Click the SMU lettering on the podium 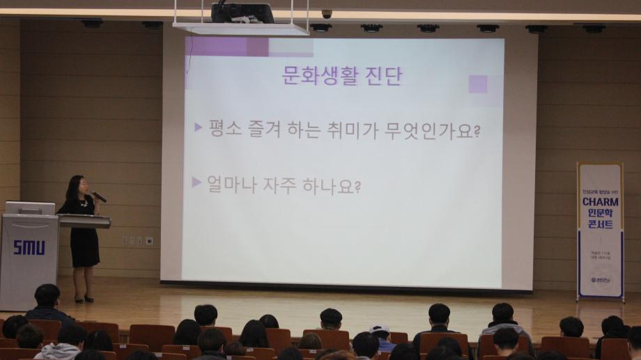(x=29, y=247)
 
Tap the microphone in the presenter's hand (x=99, y=197)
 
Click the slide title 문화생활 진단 (x=341, y=75)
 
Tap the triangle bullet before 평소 (x=198, y=127)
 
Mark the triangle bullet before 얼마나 (x=196, y=182)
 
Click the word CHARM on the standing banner (x=600, y=202)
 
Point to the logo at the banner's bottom (x=599, y=280)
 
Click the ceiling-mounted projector (x=242, y=13)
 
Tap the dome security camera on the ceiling (x=327, y=14)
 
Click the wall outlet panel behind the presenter (x=137, y=240)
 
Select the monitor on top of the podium (x=30, y=208)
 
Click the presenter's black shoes (x=84, y=299)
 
